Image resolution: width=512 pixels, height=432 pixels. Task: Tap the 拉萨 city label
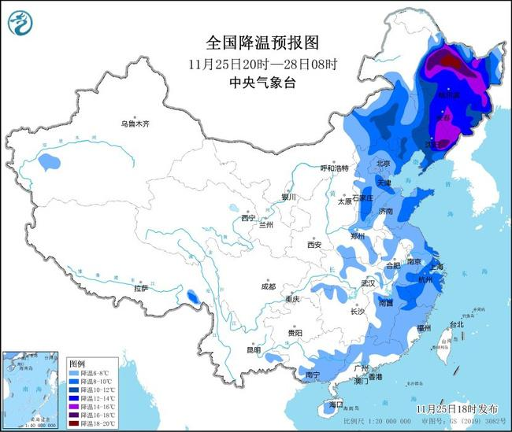[141, 289]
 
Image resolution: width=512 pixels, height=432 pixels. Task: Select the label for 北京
[384, 164]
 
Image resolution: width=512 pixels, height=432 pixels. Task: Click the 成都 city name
[268, 286]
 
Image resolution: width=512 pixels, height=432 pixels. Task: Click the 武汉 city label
[367, 282]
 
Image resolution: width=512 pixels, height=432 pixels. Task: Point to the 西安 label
[314, 245]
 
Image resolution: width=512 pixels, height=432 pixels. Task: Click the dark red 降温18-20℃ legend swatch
[75, 423]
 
